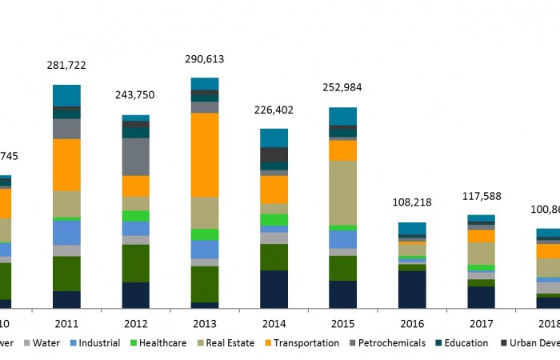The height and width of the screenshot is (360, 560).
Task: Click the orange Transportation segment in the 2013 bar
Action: (205, 154)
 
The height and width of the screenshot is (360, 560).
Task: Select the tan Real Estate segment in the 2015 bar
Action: (342, 193)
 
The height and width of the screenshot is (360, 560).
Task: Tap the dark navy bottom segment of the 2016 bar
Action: (412, 289)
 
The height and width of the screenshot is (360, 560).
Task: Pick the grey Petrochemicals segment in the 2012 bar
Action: (135, 157)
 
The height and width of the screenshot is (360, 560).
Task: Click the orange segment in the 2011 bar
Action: (66, 165)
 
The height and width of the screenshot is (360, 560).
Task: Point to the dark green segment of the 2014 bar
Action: (274, 257)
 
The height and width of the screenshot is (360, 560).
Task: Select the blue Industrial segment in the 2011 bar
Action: (66, 232)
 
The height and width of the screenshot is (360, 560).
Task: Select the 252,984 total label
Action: (342, 88)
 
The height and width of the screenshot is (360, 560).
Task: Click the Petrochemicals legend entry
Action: (390, 343)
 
